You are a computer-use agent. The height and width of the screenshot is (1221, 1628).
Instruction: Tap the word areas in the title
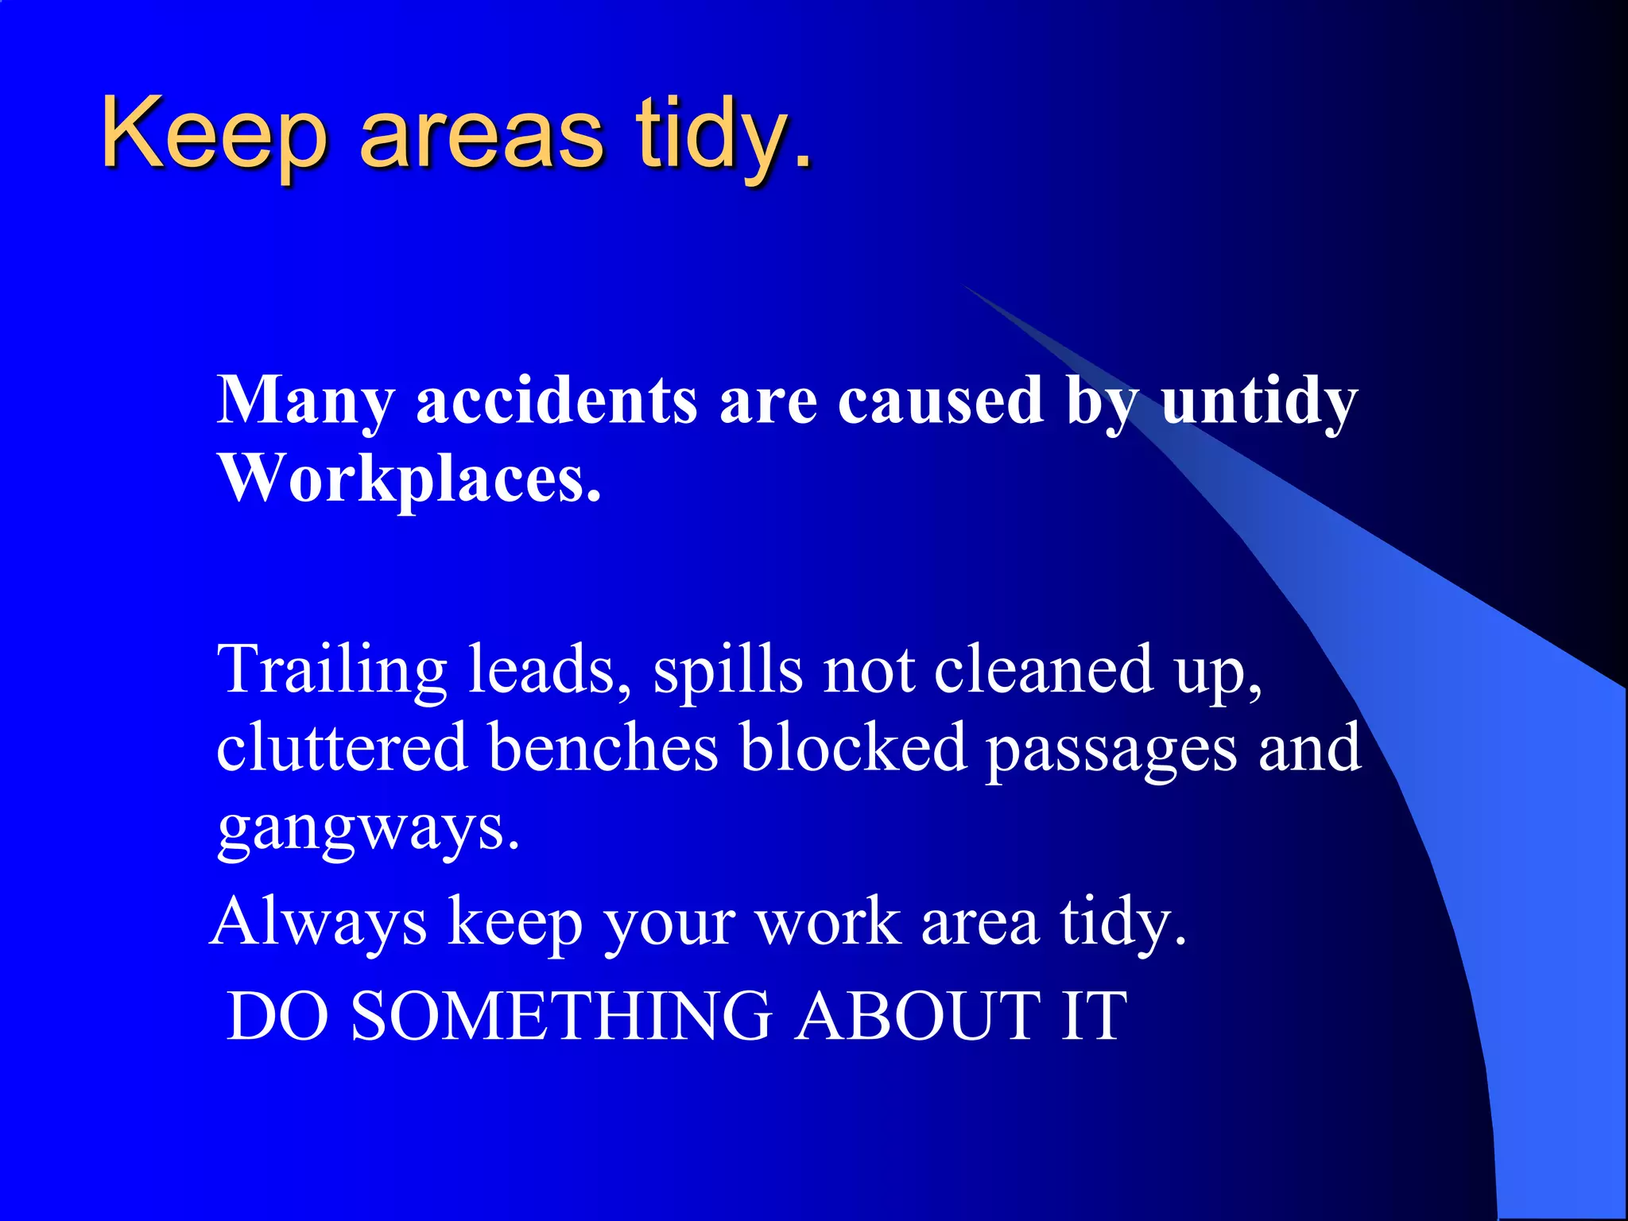point(482,135)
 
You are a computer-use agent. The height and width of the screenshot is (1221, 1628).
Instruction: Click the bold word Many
point(305,401)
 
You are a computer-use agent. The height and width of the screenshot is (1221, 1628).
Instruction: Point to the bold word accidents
point(556,401)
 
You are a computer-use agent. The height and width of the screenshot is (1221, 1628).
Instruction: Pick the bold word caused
point(940,401)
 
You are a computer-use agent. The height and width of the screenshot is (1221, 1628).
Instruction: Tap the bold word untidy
point(1259,401)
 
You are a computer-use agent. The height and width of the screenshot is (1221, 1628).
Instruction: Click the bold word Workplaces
point(409,481)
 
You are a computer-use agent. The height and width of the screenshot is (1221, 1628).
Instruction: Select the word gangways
point(367,829)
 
